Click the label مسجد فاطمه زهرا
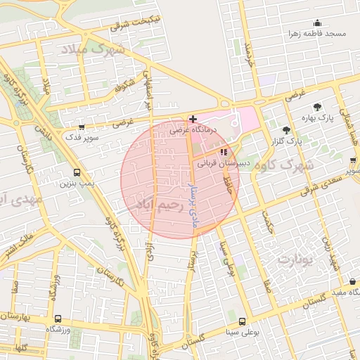317,34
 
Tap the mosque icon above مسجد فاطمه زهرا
317,22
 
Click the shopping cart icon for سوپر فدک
82,127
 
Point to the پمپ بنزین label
76,183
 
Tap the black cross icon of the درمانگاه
193,119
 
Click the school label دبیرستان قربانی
219,162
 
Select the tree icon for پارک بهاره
319,107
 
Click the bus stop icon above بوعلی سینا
240,320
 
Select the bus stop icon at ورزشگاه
58,318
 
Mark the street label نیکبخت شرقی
135,22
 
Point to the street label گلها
20,347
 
